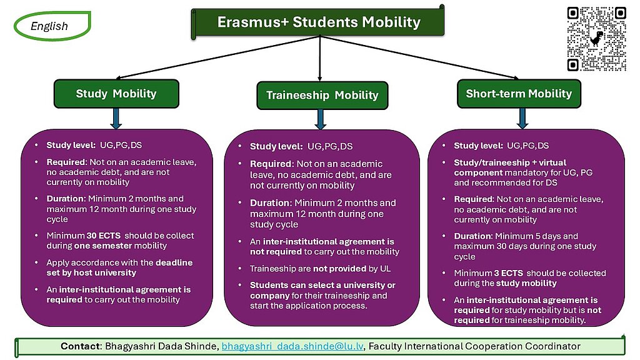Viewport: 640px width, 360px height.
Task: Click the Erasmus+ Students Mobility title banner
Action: tap(317, 22)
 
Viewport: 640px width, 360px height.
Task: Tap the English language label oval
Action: tap(52, 26)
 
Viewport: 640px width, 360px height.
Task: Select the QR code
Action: tap(596, 39)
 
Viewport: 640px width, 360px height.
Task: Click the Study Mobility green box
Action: tap(116, 94)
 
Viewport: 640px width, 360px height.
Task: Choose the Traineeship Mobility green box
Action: tap(322, 95)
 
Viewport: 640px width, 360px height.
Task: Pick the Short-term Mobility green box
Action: tap(519, 94)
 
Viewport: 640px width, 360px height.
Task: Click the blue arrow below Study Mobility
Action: tap(116, 119)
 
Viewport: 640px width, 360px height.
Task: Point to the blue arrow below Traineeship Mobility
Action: tap(321, 119)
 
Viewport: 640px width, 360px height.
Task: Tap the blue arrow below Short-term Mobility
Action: tap(522, 119)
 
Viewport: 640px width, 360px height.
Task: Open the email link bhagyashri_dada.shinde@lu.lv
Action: tap(292, 346)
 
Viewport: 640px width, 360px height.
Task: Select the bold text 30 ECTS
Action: tap(103, 236)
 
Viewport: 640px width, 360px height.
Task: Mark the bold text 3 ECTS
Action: tap(509, 273)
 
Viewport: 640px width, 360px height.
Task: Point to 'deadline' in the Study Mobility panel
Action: tap(174, 262)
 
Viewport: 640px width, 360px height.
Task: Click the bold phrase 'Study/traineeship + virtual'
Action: tap(510, 162)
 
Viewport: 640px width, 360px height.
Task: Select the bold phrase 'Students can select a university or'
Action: tap(322, 285)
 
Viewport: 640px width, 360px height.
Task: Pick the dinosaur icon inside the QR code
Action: tap(597, 39)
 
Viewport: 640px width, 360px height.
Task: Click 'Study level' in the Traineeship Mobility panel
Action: tap(276, 146)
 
